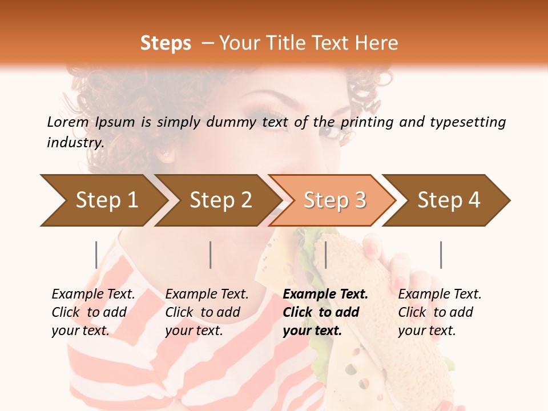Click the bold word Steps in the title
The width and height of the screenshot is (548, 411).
click(166, 43)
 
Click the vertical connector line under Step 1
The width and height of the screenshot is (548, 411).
click(96, 255)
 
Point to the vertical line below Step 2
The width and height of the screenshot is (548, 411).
click(211, 255)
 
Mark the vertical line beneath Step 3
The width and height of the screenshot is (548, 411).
click(325, 255)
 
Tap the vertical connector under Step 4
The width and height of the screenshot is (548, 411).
click(441, 255)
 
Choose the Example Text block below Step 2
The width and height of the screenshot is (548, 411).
click(207, 312)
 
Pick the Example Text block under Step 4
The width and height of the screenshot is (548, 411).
click(440, 312)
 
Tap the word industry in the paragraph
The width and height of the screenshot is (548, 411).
click(75, 143)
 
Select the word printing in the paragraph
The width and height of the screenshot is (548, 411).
click(366, 122)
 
